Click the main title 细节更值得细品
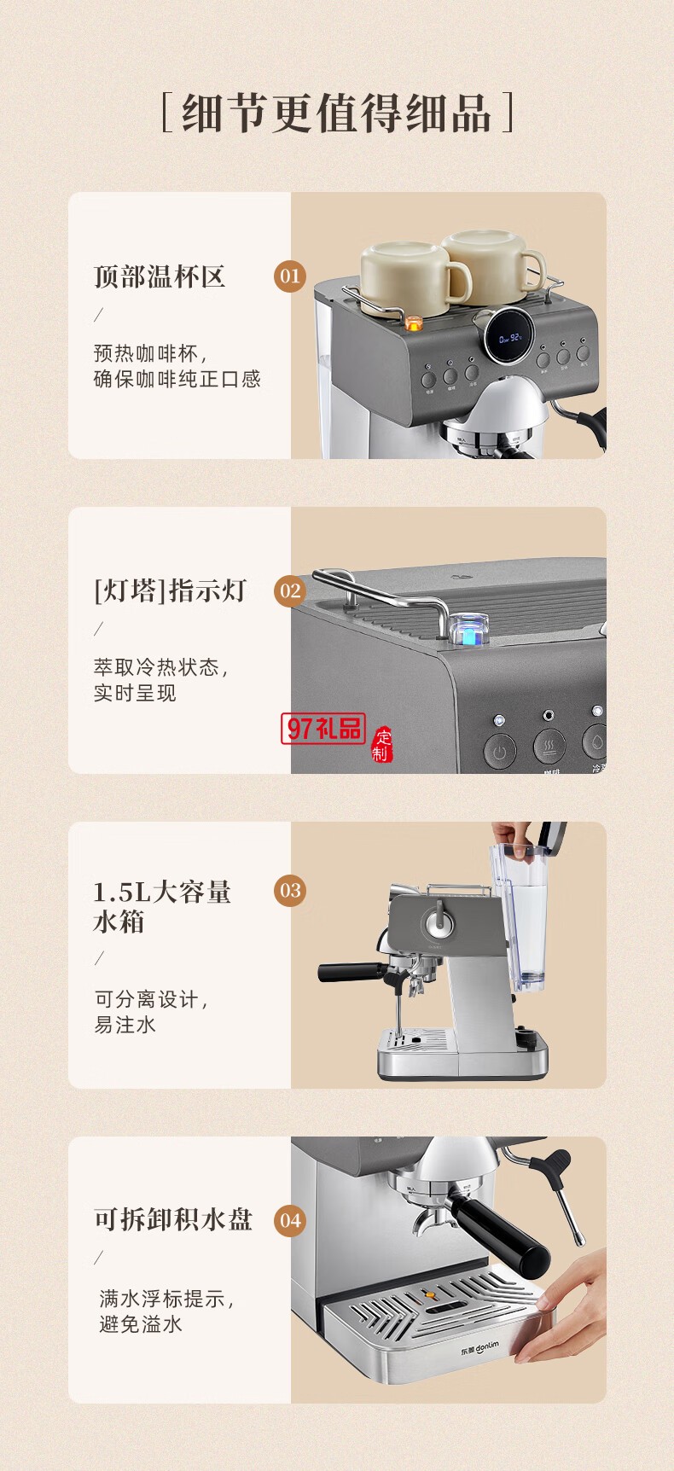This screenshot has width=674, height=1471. point(337,113)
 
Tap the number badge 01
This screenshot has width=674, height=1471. point(290,276)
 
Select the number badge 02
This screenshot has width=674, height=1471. point(290,590)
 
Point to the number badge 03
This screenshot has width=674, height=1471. point(290,891)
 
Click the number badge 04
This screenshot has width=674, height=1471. point(290,1220)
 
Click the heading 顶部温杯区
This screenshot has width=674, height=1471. point(160,276)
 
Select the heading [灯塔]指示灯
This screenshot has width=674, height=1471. point(170,590)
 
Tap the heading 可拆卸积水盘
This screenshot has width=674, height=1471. point(173,1219)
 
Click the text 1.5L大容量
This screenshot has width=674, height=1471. point(162,892)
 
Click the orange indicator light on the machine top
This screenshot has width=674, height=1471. point(413,323)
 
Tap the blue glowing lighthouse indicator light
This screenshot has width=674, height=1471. point(468,633)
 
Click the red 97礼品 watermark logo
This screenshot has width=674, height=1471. point(323,728)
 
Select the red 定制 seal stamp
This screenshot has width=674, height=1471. point(381,744)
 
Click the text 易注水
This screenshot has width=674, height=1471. point(125,1025)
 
